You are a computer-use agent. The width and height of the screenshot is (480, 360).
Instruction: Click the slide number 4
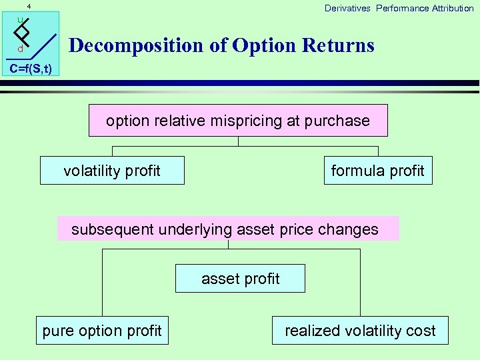tap(29, 6)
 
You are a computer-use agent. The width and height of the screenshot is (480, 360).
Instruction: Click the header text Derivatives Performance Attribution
tap(399, 8)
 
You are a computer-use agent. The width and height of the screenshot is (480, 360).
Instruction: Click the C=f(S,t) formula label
tap(30, 69)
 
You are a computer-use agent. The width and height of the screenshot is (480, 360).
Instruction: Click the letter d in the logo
tap(21, 50)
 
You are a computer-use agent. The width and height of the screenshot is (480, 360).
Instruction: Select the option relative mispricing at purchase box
tap(238, 121)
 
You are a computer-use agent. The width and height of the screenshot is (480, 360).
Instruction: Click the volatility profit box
tap(112, 171)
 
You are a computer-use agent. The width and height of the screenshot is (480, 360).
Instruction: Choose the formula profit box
tap(377, 171)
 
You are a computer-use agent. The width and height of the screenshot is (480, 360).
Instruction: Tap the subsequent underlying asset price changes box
tap(228, 229)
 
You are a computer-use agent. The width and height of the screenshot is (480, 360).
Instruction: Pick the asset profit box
tap(240, 279)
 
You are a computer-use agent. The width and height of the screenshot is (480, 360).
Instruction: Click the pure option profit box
tap(102, 331)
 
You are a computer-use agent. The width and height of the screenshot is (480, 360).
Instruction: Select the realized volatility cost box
tap(360, 331)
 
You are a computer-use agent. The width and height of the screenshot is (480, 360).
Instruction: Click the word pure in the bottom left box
tap(57, 331)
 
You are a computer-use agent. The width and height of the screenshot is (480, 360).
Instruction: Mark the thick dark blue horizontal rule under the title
tap(267, 83)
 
